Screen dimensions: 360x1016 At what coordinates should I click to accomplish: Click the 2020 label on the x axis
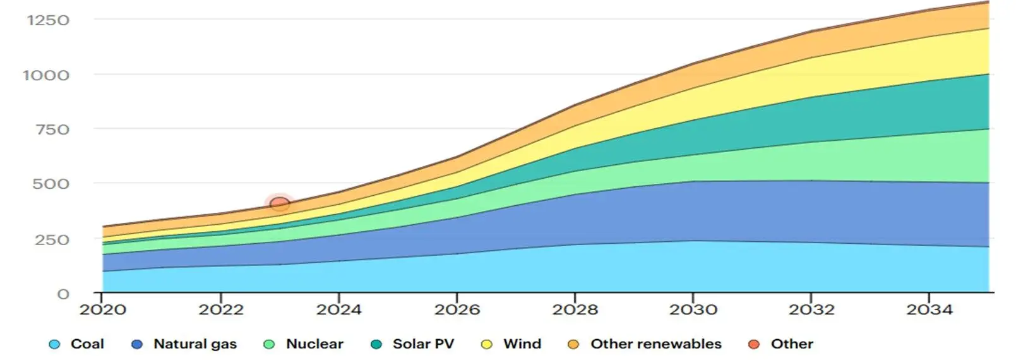pyautogui.click(x=102, y=309)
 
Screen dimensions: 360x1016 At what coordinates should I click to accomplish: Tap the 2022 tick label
pyautogui.click(x=220, y=309)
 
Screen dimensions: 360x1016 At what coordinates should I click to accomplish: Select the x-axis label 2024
pyautogui.click(x=339, y=309)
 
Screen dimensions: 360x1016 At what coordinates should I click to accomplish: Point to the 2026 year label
pyautogui.click(x=457, y=309)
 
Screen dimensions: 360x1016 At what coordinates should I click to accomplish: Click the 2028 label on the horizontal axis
pyautogui.click(x=575, y=309)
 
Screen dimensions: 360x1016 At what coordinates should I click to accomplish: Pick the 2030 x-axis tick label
pyautogui.click(x=693, y=309)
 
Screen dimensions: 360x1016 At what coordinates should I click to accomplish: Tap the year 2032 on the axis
pyautogui.click(x=811, y=309)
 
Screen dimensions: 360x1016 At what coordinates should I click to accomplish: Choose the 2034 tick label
pyautogui.click(x=929, y=309)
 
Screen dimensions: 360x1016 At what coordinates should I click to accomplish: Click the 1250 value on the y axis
pyautogui.click(x=48, y=20)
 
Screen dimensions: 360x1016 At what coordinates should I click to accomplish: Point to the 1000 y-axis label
pyautogui.click(x=46, y=76)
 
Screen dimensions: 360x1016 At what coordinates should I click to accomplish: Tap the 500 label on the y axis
pyautogui.click(x=51, y=184)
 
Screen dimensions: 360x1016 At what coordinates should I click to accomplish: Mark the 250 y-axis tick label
pyautogui.click(x=51, y=240)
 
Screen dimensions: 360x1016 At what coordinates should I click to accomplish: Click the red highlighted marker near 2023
pyautogui.click(x=279, y=203)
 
